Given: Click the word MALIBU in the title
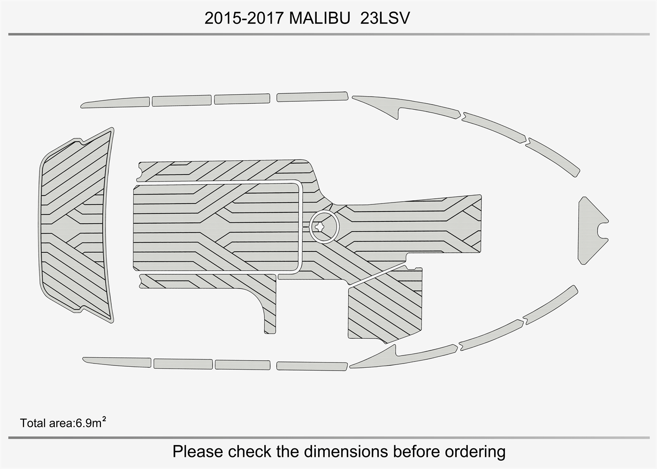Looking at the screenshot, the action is [320, 19].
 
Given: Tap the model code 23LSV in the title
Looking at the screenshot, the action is [385, 19].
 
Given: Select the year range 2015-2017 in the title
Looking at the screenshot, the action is [244, 19].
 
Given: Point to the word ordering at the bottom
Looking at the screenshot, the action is [475, 452].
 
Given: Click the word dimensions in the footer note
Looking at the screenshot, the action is [346, 451].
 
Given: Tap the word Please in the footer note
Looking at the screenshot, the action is [198, 451].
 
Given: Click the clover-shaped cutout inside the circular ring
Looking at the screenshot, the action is [320, 226].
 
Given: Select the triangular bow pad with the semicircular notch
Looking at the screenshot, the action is [591, 230].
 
